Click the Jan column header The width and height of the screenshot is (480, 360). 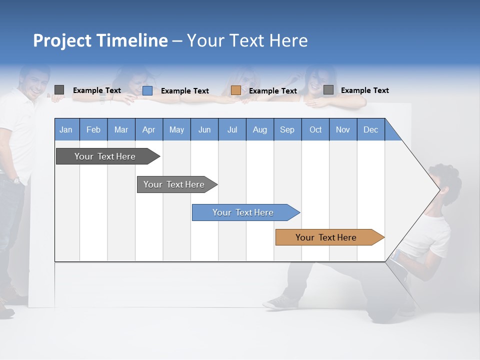[x=66, y=129]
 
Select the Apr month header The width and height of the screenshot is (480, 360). [x=148, y=129]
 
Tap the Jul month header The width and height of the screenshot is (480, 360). [x=232, y=129]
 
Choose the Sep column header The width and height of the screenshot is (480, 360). [x=287, y=129]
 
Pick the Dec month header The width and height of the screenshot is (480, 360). [x=370, y=129]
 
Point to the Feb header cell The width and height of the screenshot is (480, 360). [x=93, y=129]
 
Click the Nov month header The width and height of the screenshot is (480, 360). [x=342, y=129]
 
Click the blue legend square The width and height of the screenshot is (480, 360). [x=147, y=90]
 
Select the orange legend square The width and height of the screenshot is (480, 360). [x=236, y=90]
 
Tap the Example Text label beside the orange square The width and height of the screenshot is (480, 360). [x=273, y=91]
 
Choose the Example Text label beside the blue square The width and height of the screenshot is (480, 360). [x=185, y=91]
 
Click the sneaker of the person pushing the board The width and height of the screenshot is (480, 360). [x=280, y=301]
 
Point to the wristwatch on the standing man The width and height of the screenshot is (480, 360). [x=16, y=180]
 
